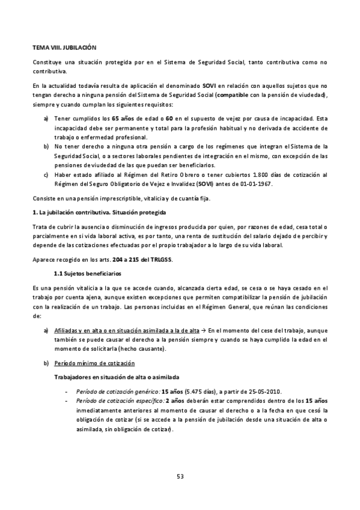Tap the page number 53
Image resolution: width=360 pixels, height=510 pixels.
(x=180, y=476)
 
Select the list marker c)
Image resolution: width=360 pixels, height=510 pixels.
(x=46, y=175)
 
